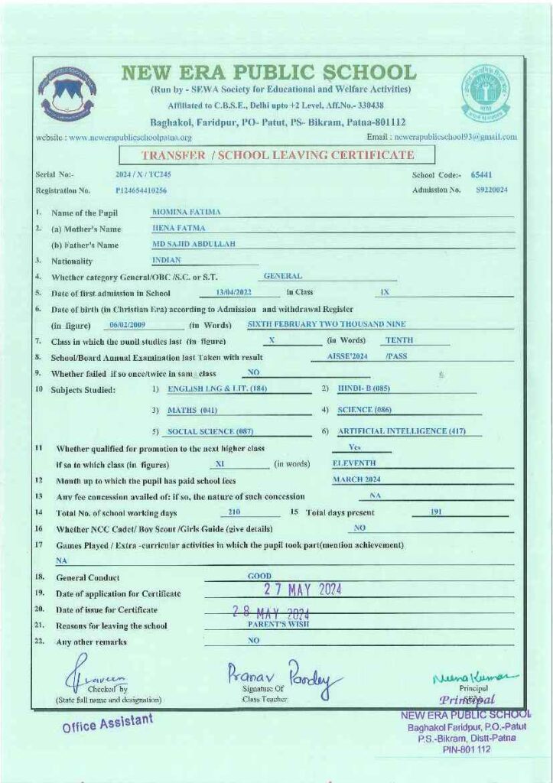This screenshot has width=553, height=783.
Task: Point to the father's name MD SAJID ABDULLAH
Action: click(194, 244)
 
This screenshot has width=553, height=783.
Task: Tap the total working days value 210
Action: click(234, 512)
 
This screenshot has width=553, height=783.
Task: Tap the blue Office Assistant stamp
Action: click(108, 722)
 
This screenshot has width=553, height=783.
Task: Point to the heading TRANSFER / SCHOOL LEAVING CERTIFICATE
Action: click(278, 155)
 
